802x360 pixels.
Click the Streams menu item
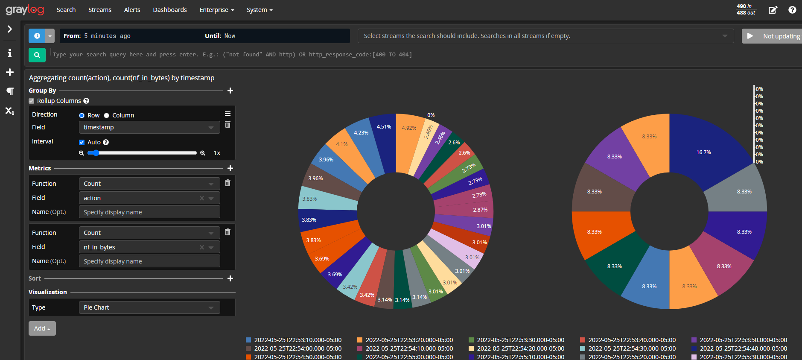[99, 10]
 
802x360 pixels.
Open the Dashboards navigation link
[170, 10]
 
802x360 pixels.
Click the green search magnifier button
[37, 55]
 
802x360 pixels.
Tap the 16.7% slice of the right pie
[703, 152]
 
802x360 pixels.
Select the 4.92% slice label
[409, 128]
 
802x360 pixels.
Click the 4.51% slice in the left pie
[384, 127]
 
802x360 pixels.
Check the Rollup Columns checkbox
[32, 101]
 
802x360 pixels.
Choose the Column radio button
[107, 116]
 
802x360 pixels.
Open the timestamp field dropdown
[149, 127]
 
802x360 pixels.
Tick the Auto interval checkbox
[82, 143]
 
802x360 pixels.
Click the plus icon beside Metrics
[230, 168]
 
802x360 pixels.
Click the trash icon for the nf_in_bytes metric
[227, 232]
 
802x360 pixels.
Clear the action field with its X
[202, 198]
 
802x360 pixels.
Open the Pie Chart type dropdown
[149, 307]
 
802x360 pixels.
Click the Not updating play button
[750, 36]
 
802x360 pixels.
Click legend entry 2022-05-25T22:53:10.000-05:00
[297, 340]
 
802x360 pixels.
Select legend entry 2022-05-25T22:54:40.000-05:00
[743, 348]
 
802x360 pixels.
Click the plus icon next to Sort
[230, 278]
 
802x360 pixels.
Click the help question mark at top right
[792, 10]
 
